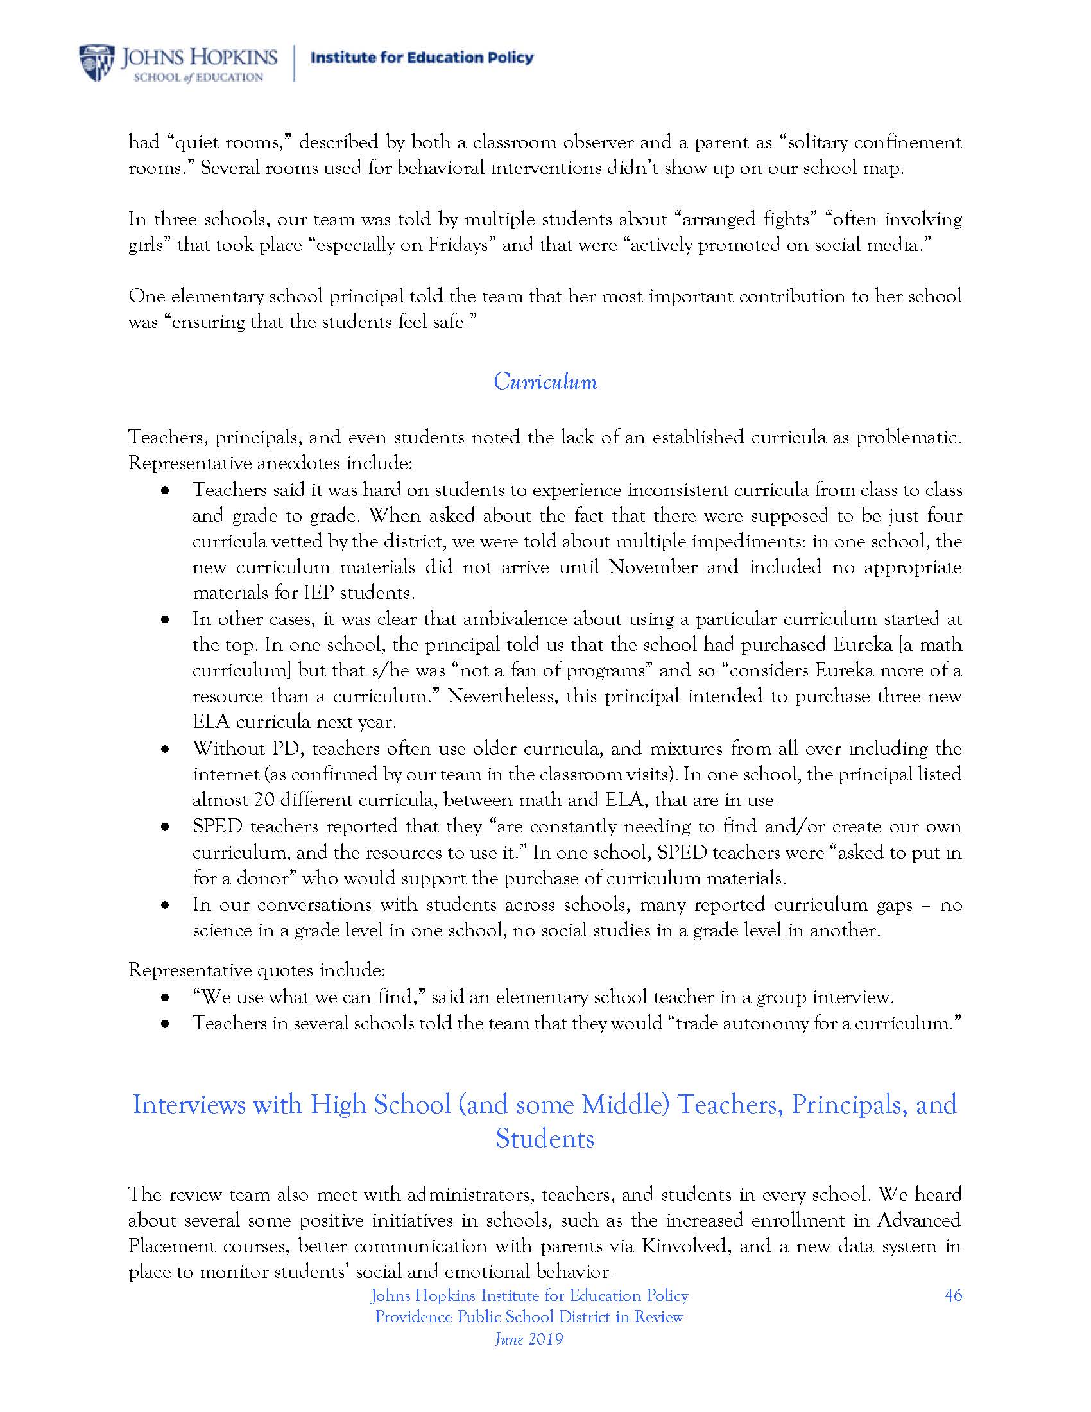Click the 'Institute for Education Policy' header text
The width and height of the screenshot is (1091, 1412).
(422, 58)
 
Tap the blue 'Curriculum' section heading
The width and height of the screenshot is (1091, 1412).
(545, 381)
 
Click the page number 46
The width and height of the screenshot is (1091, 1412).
(952, 1295)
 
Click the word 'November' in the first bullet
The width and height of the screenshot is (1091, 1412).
(653, 567)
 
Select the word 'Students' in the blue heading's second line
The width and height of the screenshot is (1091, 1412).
(544, 1139)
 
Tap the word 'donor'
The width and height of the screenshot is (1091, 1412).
(271, 878)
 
